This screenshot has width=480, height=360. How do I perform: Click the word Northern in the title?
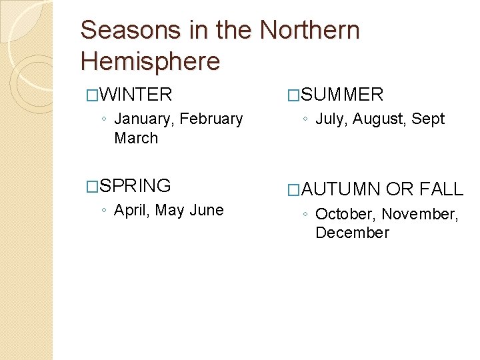click(x=309, y=31)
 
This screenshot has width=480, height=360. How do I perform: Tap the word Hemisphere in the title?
click(x=150, y=61)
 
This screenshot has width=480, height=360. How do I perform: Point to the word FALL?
click(x=441, y=189)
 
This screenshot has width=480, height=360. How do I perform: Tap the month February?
click(x=211, y=119)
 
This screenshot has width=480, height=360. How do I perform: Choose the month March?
click(x=136, y=138)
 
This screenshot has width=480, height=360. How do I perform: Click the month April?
click(x=132, y=211)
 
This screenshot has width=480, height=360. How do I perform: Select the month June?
click(x=206, y=211)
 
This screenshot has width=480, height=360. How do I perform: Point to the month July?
click(x=331, y=119)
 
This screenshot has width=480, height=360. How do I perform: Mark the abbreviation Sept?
click(x=428, y=119)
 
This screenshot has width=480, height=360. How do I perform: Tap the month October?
click(x=345, y=214)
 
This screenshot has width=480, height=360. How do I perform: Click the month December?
click(x=352, y=233)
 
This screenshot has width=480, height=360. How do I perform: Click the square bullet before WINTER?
click(x=92, y=95)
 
